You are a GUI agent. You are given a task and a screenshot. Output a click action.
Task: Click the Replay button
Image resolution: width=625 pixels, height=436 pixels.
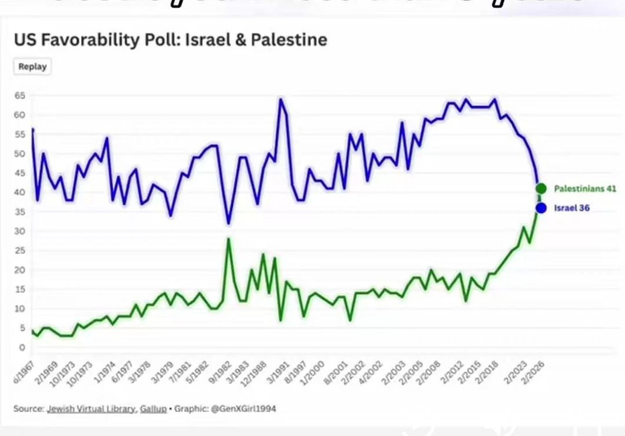coord(32,67)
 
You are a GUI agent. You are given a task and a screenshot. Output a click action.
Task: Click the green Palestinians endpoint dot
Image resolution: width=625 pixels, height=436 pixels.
coord(541,188)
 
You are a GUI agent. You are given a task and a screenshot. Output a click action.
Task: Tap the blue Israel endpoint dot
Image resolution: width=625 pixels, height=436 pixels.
coord(541,208)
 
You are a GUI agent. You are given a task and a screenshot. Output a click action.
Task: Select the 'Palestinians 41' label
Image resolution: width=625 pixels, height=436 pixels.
coord(585,188)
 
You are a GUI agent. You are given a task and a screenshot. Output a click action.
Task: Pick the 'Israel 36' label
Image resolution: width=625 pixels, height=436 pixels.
coord(571,208)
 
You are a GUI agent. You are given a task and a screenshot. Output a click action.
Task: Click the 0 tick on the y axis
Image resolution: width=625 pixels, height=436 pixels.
coord(21,347)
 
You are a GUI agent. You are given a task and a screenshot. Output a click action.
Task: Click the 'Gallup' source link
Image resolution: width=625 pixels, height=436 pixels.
coord(153,409)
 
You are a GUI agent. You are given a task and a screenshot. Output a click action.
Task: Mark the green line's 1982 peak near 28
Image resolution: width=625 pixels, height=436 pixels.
coord(229,239)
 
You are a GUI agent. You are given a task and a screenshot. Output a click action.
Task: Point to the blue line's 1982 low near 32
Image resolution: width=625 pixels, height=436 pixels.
coord(229,223)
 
